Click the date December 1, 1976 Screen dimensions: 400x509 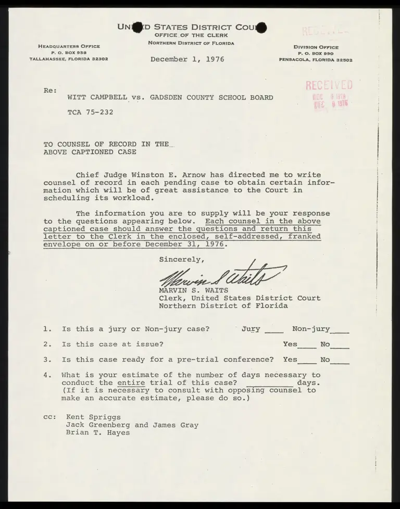[187, 59]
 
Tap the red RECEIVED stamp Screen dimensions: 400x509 [329, 86]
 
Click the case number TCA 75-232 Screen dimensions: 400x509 [90, 112]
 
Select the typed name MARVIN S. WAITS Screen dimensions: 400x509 [193, 290]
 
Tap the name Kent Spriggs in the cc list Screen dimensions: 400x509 [94, 417]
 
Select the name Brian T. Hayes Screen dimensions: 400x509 [98, 432]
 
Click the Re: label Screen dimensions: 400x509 [51, 90]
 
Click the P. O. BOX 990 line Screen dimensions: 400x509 [316, 54]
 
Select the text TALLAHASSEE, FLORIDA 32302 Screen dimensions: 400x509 [69, 59]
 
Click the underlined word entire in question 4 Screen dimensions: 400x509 [131, 383]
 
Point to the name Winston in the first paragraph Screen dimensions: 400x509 [141, 175]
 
